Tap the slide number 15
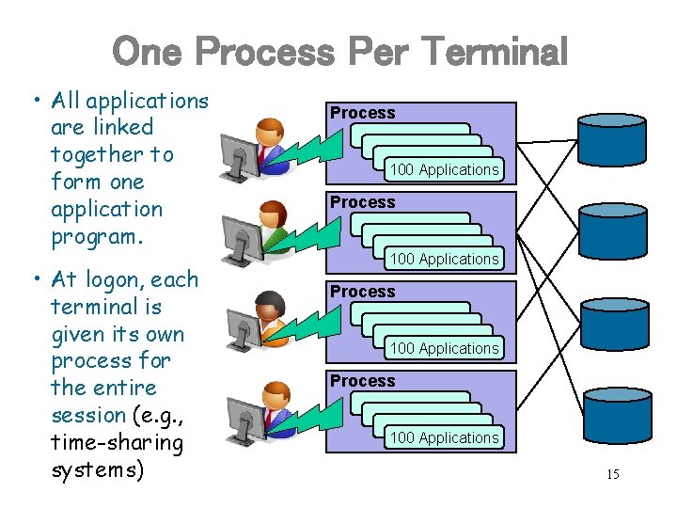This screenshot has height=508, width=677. coord(612,474)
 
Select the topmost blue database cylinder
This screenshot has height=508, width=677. coord(612,138)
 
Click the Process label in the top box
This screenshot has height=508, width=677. coord(362,113)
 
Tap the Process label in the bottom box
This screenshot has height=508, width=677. coord(362,381)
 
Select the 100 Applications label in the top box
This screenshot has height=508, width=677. coord(444,169)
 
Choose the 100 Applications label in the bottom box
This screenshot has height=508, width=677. coord(444,437)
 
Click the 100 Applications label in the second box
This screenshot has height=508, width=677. coord(444,259)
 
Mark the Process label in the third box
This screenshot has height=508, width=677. coord(362,292)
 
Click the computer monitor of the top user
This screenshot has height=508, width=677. coord(239,154)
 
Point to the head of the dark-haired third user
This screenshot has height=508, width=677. coord(271,305)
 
